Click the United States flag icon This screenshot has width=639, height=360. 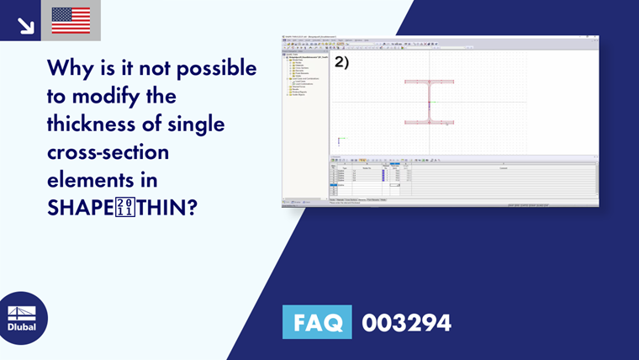71,20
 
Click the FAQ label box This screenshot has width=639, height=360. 317,322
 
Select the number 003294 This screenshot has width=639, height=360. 406,322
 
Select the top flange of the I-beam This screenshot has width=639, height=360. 429,82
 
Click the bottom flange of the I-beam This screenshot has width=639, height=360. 429,123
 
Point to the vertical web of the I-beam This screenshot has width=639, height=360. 429,103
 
